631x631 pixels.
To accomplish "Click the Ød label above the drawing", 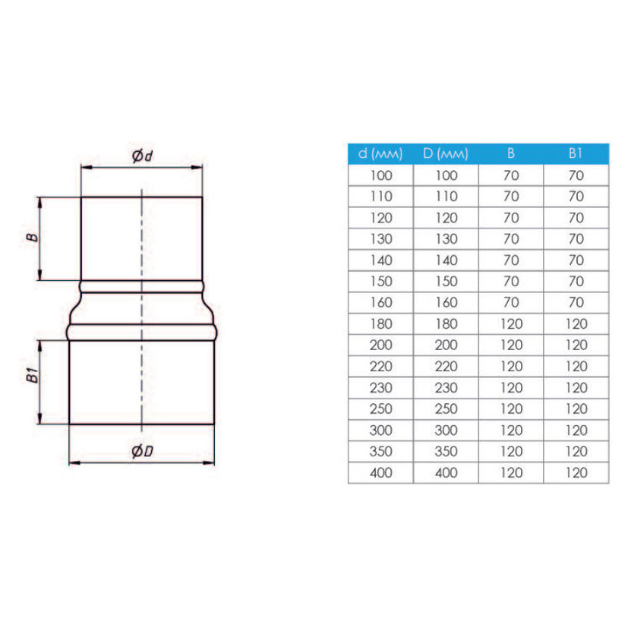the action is pos(143,156).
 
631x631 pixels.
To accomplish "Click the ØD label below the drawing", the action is pos(143,451).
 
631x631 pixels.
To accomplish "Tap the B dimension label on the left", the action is pos(32,238).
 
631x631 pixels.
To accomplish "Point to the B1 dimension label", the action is pos(32,375).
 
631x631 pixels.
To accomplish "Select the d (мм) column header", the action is pos(380,153).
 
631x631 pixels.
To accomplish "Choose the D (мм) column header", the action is pos(446,153).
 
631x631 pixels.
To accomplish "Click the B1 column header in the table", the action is pos(576,153).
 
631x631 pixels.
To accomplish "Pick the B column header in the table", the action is pos(511,153).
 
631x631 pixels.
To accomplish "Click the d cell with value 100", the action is pos(380,175).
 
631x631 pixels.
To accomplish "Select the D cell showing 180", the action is pos(446,324).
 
